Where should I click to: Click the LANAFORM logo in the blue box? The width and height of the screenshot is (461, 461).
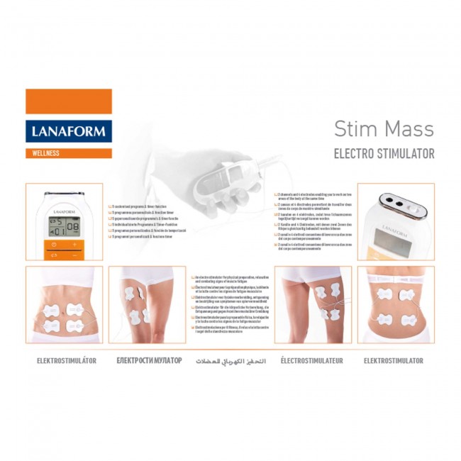[x=69, y=131]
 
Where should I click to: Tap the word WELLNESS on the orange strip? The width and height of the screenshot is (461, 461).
[x=47, y=153]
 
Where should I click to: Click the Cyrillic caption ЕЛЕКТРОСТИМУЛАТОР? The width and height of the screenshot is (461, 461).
[x=149, y=360]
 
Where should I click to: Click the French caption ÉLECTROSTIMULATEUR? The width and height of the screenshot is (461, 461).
[x=312, y=360]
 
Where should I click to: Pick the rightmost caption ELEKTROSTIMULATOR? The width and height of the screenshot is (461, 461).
[x=394, y=360]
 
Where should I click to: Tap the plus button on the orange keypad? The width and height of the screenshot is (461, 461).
[x=74, y=244]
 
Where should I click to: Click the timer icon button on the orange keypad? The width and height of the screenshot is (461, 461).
[x=52, y=244]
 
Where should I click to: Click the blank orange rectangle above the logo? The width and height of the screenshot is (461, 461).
[x=69, y=101]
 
